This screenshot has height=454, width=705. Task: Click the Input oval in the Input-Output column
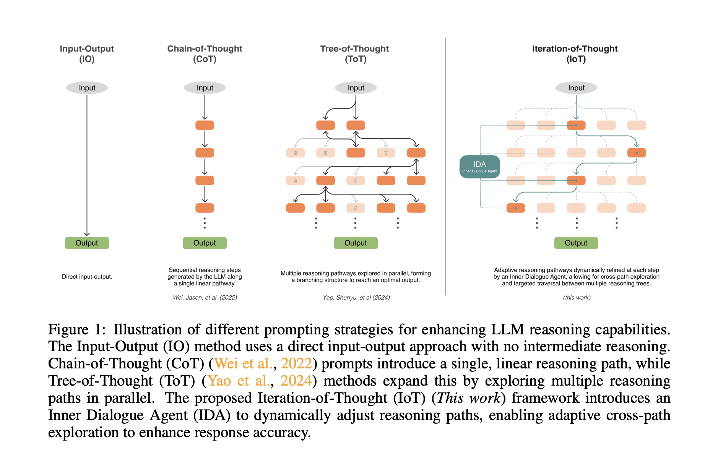[x=87, y=88]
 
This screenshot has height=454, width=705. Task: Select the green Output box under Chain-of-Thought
[x=205, y=243]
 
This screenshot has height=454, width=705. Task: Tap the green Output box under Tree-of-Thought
[x=356, y=243]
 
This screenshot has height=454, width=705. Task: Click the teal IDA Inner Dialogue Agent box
[x=479, y=167]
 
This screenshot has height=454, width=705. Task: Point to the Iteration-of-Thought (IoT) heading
[x=575, y=54]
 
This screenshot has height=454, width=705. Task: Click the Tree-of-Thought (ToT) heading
[x=355, y=54]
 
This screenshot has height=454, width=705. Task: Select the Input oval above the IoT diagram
[x=576, y=88]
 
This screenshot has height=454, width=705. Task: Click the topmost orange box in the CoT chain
[x=205, y=125]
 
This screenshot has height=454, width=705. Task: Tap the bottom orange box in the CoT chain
[x=205, y=208]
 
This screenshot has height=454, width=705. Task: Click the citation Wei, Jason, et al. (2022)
[x=205, y=297]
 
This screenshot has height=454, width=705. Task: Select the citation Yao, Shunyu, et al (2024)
[x=356, y=297]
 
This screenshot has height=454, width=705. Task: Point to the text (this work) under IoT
[x=577, y=297]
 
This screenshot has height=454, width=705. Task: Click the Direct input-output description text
[x=87, y=277]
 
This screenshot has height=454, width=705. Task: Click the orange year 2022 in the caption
[x=296, y=363]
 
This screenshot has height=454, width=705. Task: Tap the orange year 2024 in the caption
[x=296, y=381]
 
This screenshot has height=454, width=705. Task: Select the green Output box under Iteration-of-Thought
[x=576, y=243]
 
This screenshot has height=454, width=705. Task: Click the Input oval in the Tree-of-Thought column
[x=356, y=88]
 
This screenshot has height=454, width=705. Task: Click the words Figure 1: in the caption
[x=76, y=329]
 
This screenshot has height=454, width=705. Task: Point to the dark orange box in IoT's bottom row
[x=516, y=208]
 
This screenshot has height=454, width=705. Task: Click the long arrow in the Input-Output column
[x=87, y=164]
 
